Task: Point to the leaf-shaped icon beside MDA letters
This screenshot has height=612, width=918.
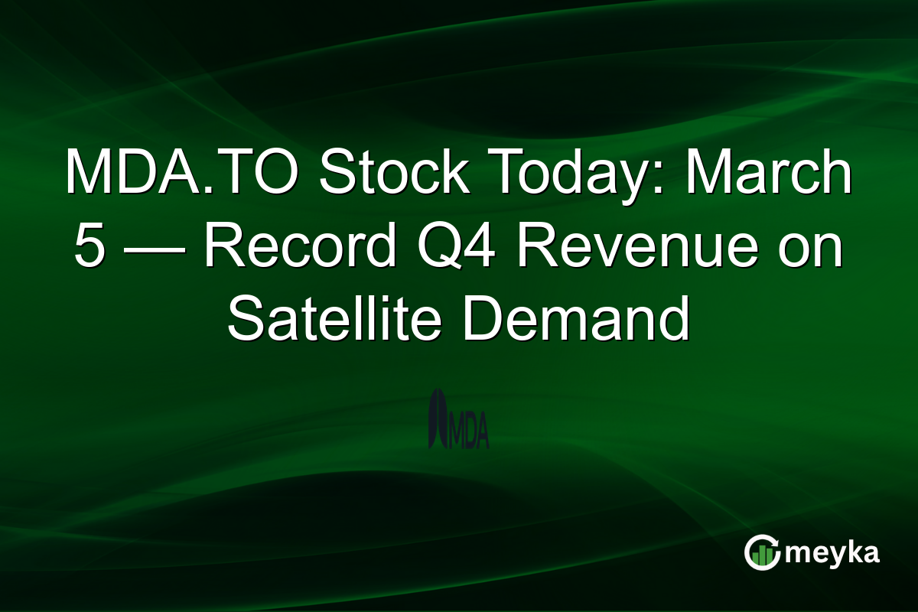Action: coord(438,419)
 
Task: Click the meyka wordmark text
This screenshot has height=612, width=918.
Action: coord(834,553)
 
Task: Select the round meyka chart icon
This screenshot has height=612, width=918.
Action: coord(762,553)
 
